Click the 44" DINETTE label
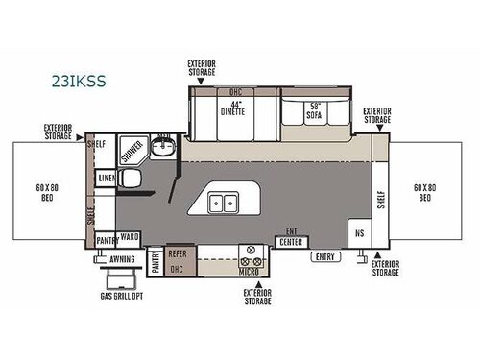point(234,108)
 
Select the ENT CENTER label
point(290,240)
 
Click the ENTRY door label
point(324,256)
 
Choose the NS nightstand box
point(359,234)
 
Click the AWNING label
point(122,259)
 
